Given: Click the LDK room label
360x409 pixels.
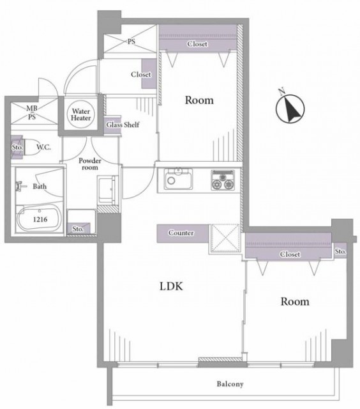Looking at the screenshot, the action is [x=171, y=286].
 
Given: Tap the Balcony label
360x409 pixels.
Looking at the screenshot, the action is [x=230, y=383].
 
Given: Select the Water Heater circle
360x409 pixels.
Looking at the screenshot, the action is [x=81, y=114].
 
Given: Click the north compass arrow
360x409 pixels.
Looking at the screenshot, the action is [x=291, y=108].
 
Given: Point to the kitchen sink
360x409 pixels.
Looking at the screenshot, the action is [x=179, y=178].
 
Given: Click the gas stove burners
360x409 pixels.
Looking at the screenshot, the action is [x=223, y=180].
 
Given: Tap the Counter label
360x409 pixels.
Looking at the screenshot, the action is [x=181, y=233].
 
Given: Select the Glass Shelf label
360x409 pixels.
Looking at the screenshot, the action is [x=123, y=125].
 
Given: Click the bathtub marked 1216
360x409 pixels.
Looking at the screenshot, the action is [x=39, y=219].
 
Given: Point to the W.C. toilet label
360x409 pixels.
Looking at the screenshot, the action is [x=43, y=147].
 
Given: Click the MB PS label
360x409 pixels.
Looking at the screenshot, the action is [x=32, y=112].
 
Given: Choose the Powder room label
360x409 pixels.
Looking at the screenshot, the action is [x=90, y=164].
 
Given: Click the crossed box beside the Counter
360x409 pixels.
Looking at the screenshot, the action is [x=225, y=238].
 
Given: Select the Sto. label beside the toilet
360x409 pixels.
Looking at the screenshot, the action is [x=17, y=147].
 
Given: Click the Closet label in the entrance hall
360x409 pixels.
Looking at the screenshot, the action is [x=141, y=74].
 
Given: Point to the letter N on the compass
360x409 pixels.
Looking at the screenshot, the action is [x=281, y=91].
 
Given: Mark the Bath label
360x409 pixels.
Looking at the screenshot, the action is [x=40, y=186].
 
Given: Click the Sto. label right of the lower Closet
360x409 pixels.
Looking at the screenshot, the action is [x=340, y=251].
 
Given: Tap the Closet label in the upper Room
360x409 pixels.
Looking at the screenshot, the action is [x=197, y=44].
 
